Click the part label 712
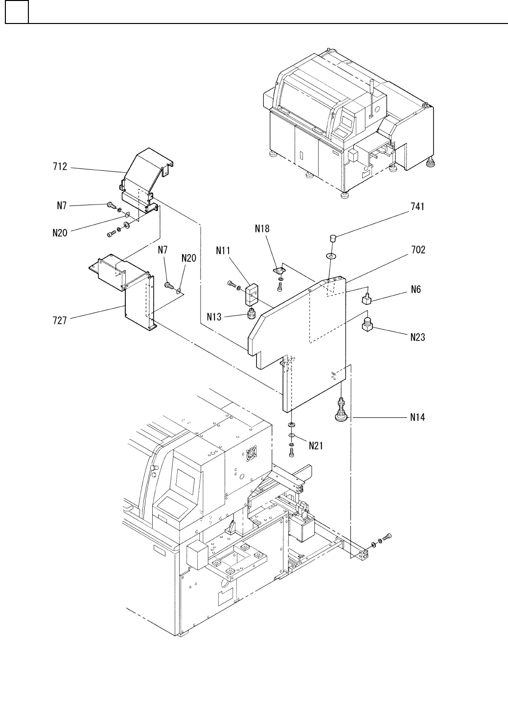[60, 167]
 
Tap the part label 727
[60, 321]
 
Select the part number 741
[417, 206]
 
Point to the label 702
[418, 250]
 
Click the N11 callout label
[223, 251]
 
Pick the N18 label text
[262, 229]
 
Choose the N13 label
[214, 317]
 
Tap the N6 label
[416, 289]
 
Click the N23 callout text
[417, 337]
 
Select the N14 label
[417, 417]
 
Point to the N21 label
[316, 446]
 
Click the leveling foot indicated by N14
[342, 410]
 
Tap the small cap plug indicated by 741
[332, 237]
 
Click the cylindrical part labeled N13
[252, 314]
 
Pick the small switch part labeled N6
[367, 298]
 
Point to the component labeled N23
[367, 324]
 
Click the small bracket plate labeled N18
[278, 271]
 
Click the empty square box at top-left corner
[17, 12]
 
